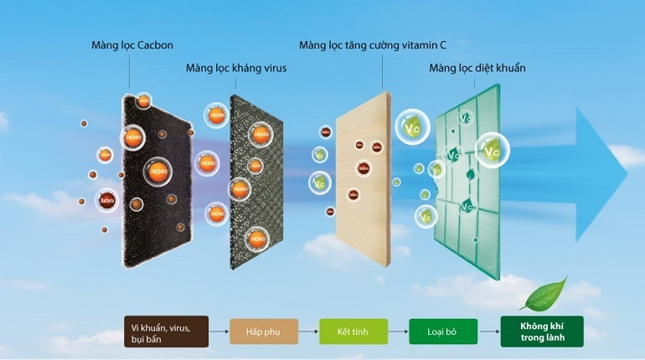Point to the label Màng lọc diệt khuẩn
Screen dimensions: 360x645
pyautogui.click(x=477, y=67)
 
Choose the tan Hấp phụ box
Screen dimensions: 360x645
pyautogui.click(x=264, y=331)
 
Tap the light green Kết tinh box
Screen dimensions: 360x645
pyautogui.click(x=353, y=331)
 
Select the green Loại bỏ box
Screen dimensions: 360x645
pyautogui.click(x=442, y=331)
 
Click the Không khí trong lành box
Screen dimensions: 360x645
pyautogui.click(x=541, y=331)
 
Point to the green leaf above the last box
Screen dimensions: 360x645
pyautogui.click(x=543, y=293)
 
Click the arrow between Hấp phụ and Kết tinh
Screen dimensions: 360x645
pyautogui.click(x=308, y=331)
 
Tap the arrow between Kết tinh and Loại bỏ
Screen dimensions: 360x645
pyautogui.click(x=398, y=331)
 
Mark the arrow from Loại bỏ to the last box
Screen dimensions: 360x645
pyautogui.click(x=488, y=331)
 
